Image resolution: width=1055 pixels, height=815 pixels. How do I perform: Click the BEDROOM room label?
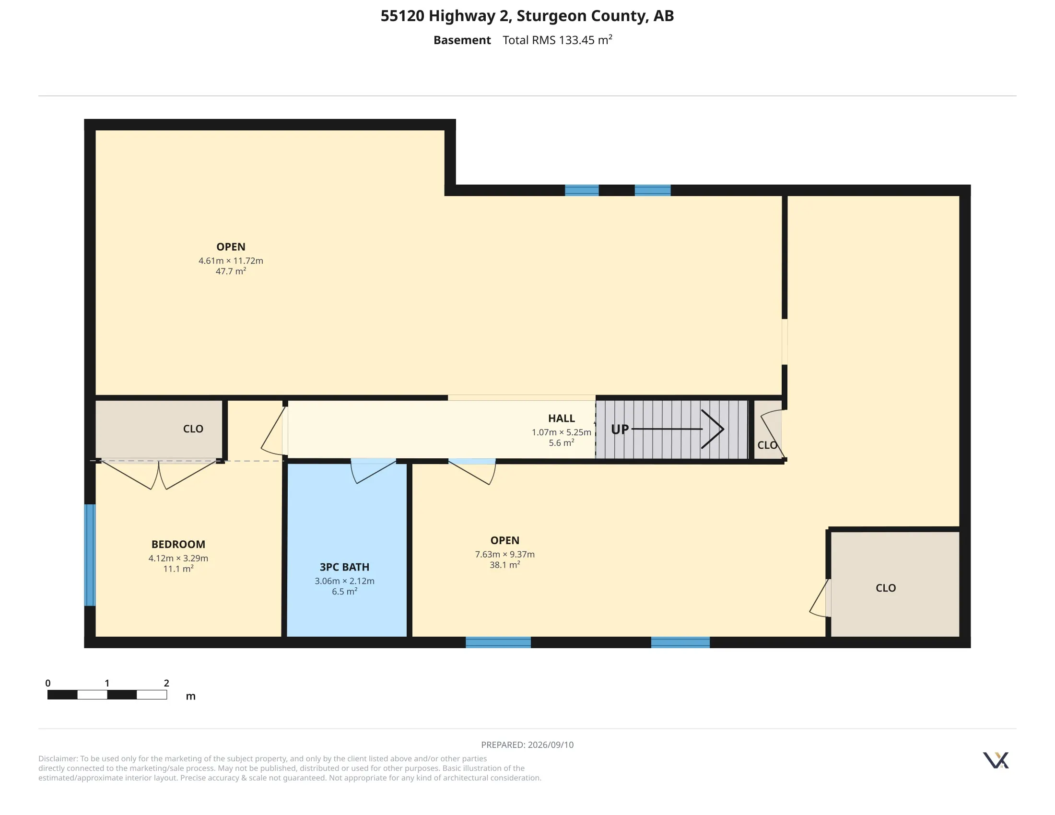[x=178, y=544]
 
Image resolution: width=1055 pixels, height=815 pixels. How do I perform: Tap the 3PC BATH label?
[x=344, y=567]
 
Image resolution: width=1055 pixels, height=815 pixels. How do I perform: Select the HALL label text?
[x=562, y=418]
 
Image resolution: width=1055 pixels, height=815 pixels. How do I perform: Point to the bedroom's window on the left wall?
[x=90, y=555]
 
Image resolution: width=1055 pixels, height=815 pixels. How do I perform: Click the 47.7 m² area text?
[x=231, y=271]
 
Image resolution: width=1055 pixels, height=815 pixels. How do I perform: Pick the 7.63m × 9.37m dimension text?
[x=505, y=554]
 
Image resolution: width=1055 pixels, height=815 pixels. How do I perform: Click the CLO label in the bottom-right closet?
[x=886, y=588]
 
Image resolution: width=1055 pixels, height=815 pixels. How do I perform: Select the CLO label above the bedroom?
[x=193, y=429]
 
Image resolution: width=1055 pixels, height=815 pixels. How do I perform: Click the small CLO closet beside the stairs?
[x=768, y=429]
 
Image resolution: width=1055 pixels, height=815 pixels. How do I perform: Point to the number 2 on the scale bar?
[x=167, y=683]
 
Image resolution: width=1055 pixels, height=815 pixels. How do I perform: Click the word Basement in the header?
[x=462, y=40]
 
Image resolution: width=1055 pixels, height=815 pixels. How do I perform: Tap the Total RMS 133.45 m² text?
[x=557, y=40]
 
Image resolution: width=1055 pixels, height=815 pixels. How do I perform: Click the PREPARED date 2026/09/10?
[x=551, y=745]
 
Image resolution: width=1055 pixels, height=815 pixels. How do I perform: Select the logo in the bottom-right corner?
[x=996, y=760]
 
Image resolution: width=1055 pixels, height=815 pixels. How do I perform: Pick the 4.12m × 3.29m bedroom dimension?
[x=178, y=558]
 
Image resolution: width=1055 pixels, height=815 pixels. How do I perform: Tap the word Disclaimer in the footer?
[x=58, y=758]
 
